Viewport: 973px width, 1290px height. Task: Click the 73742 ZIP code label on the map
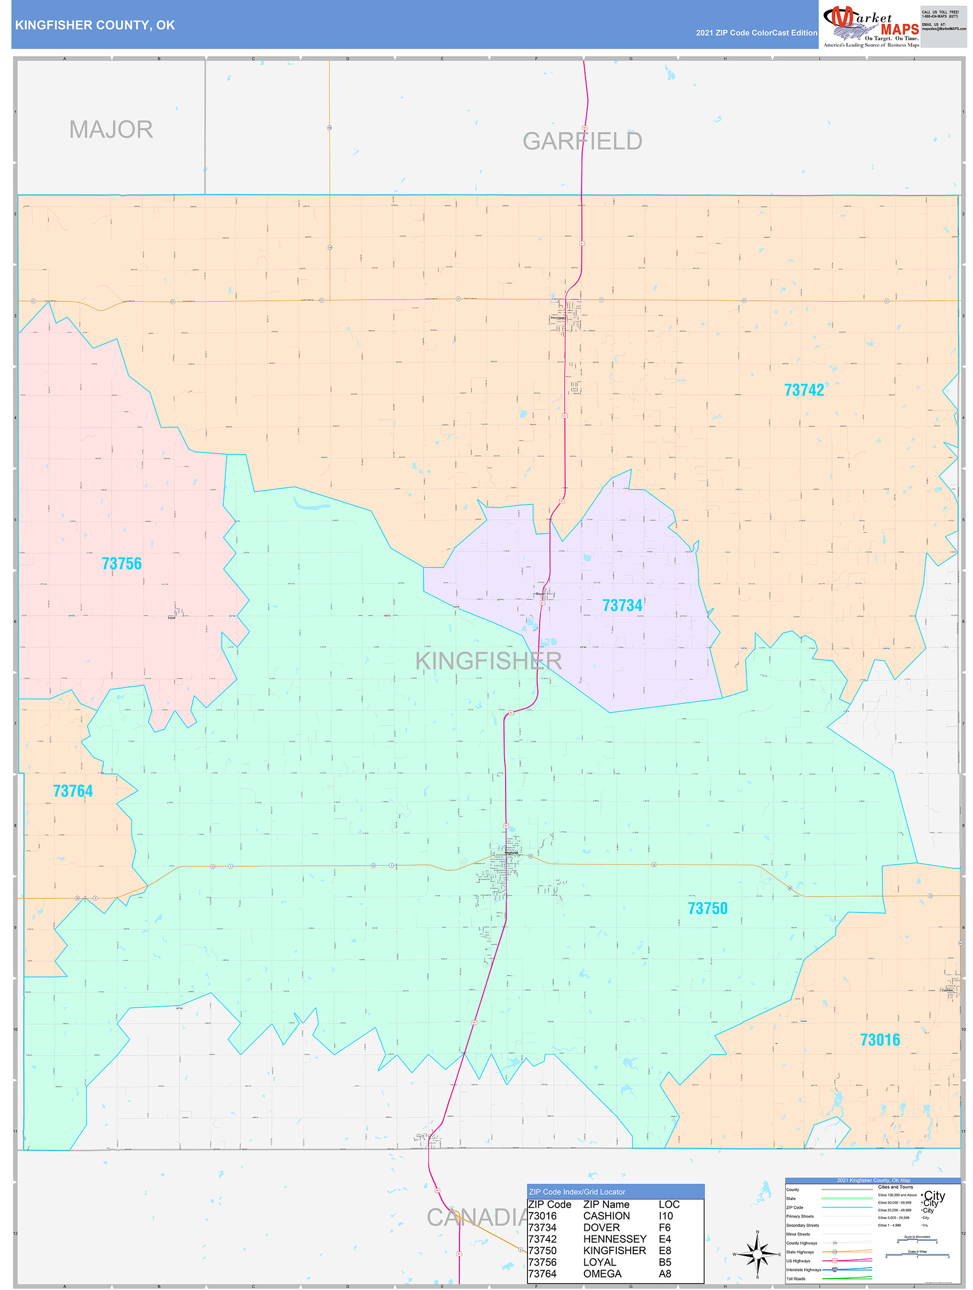tap(803, 390)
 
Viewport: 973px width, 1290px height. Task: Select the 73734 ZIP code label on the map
tap(622, 605)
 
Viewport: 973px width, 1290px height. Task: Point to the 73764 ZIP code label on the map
tap(72, 791)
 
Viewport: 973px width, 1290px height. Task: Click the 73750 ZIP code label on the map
tap(707, 908)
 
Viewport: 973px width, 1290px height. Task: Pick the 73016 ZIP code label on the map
tap(880, 1039)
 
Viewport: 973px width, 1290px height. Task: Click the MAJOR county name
tap(111, 129)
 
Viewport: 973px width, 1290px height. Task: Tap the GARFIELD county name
tap(582, 141)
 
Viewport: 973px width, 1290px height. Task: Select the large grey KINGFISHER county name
tap(488, 661)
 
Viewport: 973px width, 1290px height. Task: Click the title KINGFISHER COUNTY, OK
tap(94, 25)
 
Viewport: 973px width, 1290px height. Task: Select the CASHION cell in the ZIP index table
tap(606, 1216)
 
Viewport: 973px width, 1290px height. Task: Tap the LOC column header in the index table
tap(668, 1204)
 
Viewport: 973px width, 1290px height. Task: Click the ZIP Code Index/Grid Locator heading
tap(577, 1191)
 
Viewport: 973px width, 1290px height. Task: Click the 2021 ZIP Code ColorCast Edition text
tap(756, 33)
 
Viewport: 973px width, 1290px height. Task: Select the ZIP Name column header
tap(606, 1204)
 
